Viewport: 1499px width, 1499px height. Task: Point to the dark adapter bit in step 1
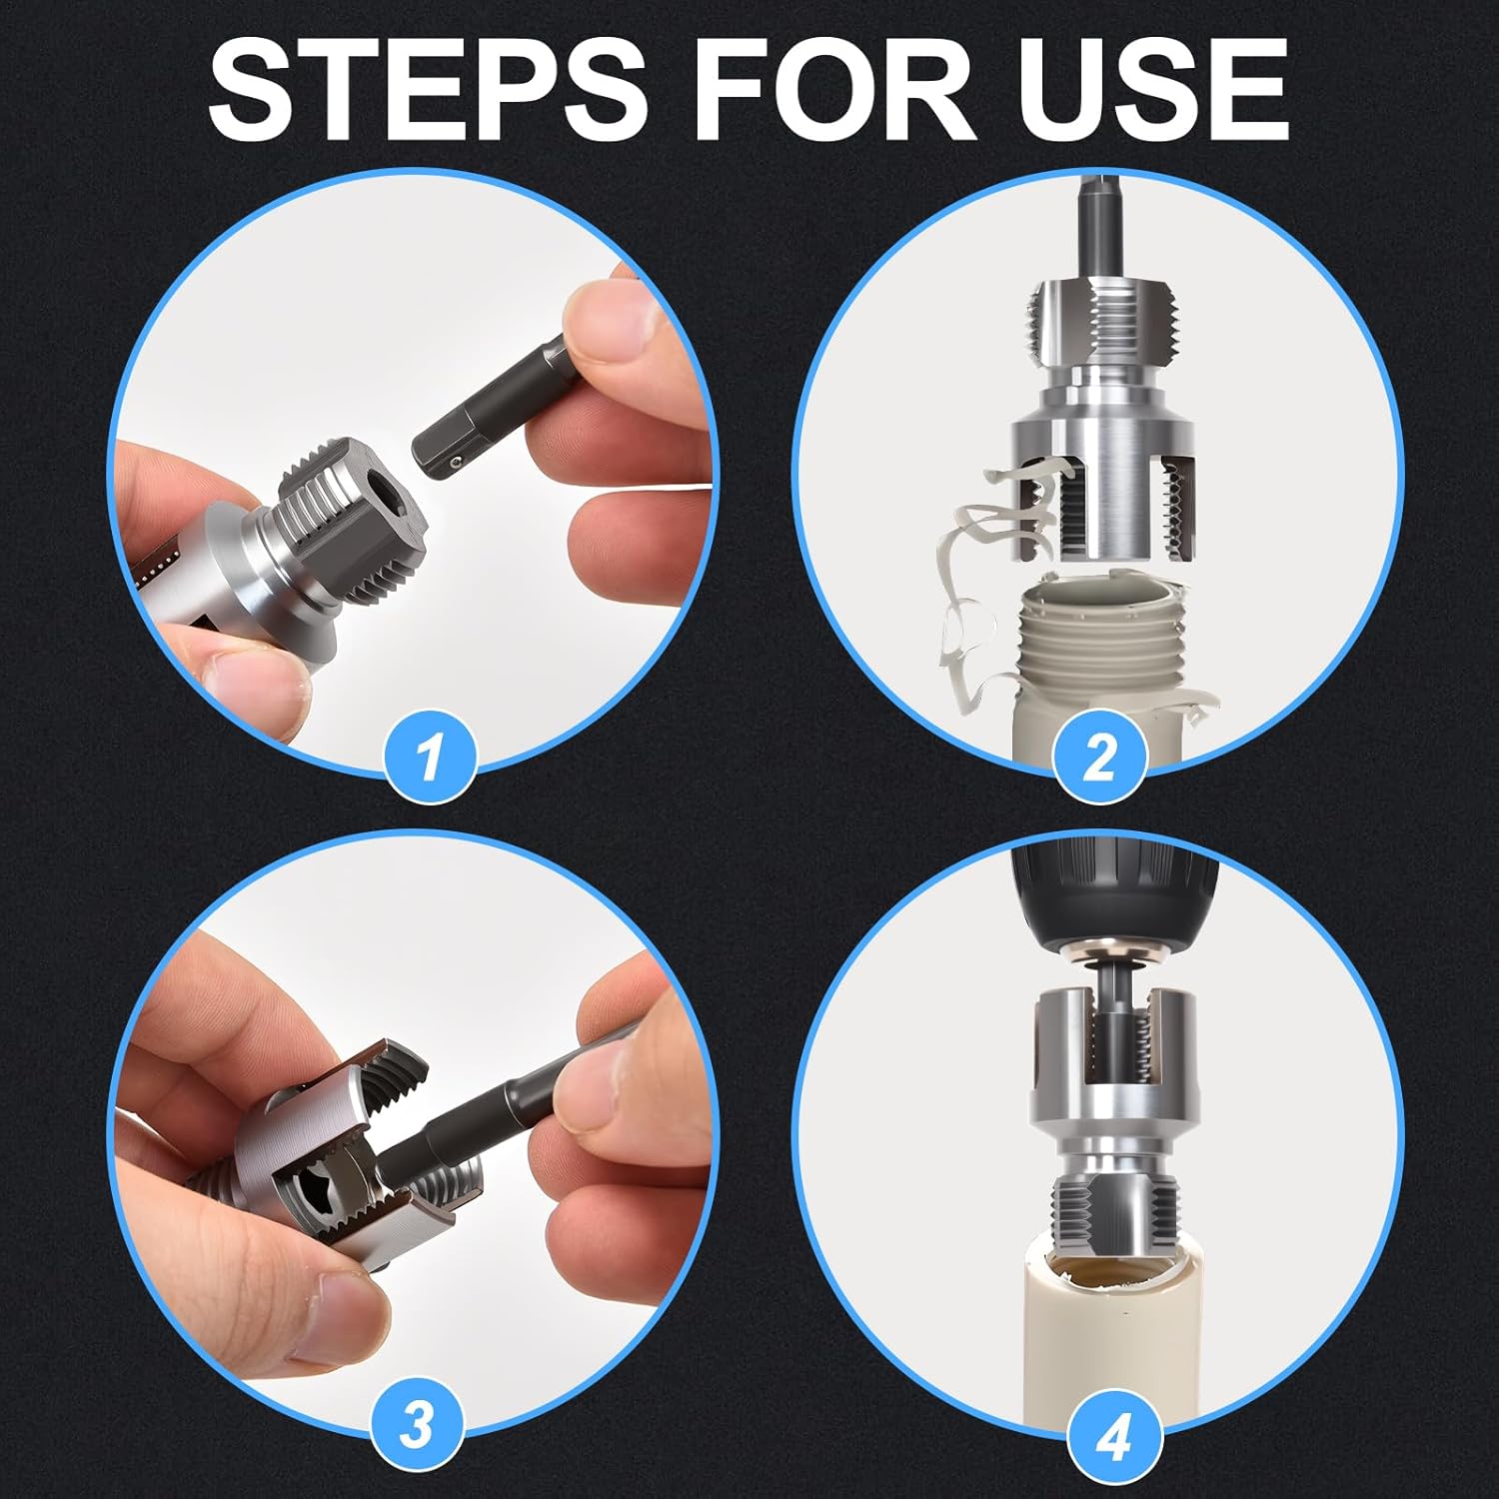(470, 446)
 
